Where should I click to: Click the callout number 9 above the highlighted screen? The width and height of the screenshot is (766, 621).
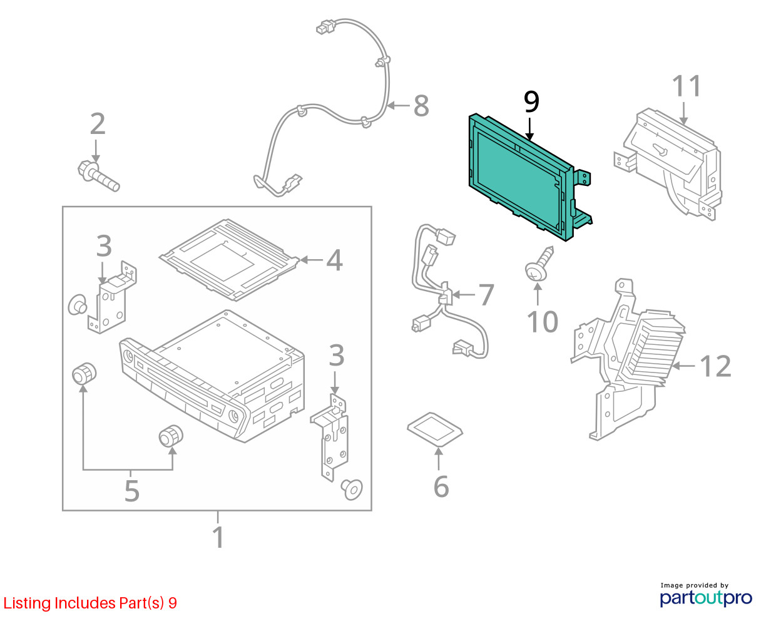tap(531, 101)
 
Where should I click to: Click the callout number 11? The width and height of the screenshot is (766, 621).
tap(686, 86)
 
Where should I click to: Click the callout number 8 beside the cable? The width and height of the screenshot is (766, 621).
tap(421, 106)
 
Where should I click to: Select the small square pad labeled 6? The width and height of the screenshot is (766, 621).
tap(435, 429)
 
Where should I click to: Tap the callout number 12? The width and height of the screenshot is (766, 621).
tap(715, 366)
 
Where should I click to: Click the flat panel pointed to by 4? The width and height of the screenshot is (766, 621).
tap(229, 259)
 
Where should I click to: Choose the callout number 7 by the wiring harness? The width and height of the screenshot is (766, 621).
tap(486, 295)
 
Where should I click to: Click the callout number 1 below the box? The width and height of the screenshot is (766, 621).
tap(218, 537)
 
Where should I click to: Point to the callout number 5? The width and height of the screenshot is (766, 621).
tap(131, 491)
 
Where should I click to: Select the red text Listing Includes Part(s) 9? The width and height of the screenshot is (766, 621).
tap(90, 603)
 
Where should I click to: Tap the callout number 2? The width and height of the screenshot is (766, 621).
tap(98, 124)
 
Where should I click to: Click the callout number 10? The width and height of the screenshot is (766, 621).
tap(543, 322)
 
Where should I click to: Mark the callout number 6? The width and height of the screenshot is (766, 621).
tap(441, 487)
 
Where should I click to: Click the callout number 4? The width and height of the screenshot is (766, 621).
tap(334, 260)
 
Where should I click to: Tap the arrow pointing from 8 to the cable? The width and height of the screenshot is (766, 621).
tap(399, 105)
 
